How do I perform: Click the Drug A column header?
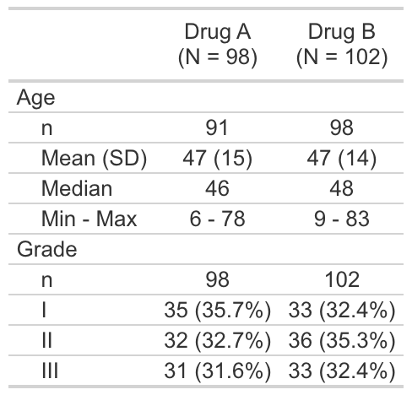tap(218, 45)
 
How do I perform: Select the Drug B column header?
tap(342, 45)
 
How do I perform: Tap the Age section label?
tap(35, 99)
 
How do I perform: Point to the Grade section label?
tap(46, 249)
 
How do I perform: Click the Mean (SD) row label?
tap(94, 158)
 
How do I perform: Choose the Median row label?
tap(77, 188)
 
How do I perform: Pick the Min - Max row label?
tap(89, 219)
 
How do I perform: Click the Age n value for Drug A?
tap(217, 127)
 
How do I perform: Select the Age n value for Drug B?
tap(342, 127)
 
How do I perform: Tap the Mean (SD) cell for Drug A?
tap(217, 158)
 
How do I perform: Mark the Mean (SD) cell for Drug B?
tap(342, 158)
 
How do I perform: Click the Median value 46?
tap(217, 188)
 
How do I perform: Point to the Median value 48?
tap(342, 188)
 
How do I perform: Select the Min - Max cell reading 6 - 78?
tap(217, 219)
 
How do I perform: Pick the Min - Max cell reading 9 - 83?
tap(342, 219)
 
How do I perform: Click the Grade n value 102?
tap(342, 279)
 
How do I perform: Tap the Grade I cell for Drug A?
tap(218, 311)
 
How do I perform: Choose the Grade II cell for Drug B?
tap(342, 341)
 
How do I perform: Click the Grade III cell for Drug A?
tap(218, 371)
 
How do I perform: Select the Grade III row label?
tap(50, 371)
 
